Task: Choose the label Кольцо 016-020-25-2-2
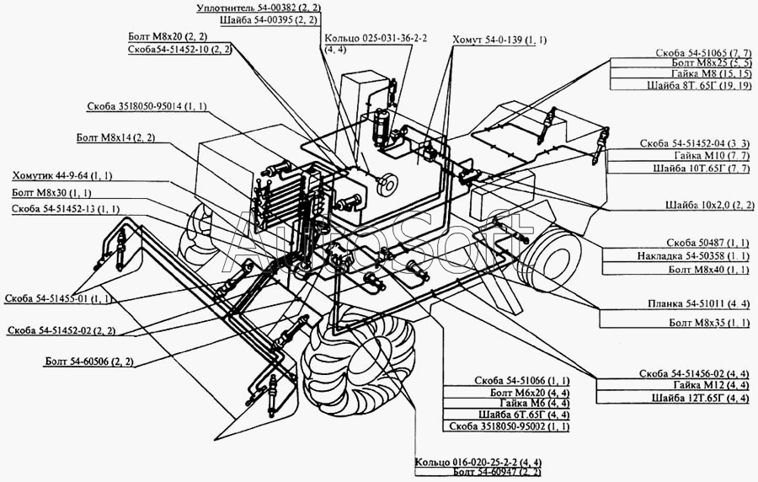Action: pos(478,463)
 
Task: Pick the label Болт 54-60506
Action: pos(93,361)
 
